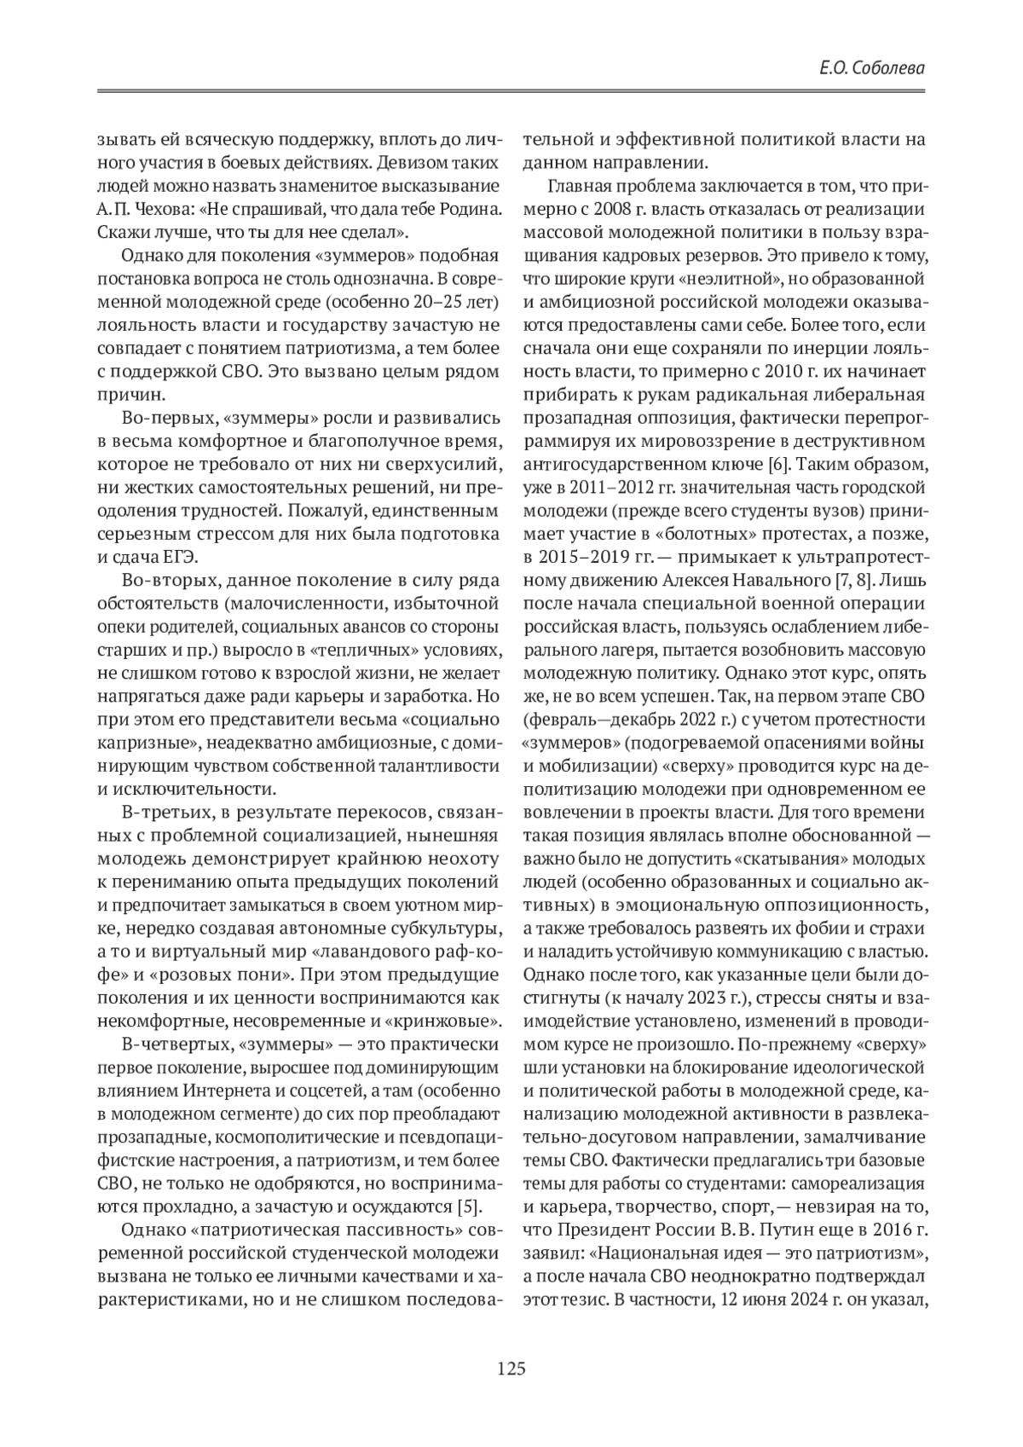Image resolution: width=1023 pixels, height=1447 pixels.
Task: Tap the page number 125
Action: [x=511, y=1369]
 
